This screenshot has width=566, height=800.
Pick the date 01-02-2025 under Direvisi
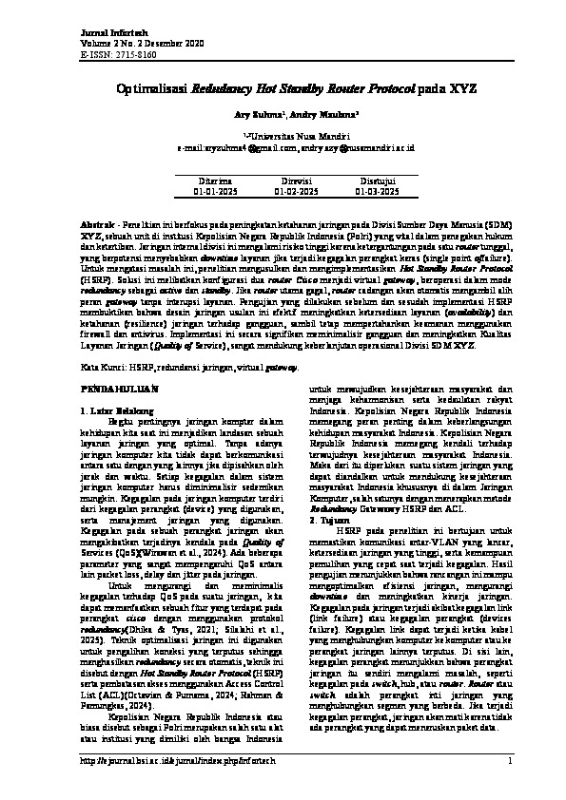[296, 190]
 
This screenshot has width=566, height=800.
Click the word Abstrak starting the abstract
[93, 219]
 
